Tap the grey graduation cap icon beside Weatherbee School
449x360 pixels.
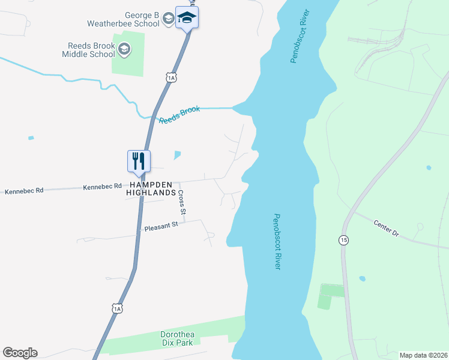click(x=168, y=20)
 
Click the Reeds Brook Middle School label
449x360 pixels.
click(x=88, y=49)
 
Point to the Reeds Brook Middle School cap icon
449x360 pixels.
click(x=124, y=49)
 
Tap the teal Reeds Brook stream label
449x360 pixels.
click(x=179, y=114)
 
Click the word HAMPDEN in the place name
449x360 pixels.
click(x=149, y=185)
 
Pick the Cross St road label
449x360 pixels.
click(x=182, y=203)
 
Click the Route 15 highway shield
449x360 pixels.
click(x=343, y=240)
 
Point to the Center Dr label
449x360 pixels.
click(x=386, y=228)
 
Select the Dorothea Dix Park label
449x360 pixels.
click(x=179, y=338)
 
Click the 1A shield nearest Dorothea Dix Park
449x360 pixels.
click(x=116, y=308)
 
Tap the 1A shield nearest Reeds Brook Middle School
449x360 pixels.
click(x=172, y=77)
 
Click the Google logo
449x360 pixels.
click(x=20, y=353)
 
